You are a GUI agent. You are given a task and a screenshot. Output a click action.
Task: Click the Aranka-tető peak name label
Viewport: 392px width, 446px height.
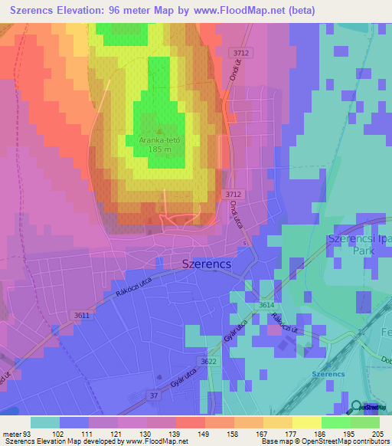tap(159, 141)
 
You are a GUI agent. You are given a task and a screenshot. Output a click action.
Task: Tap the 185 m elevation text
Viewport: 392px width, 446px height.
tap(159, 150)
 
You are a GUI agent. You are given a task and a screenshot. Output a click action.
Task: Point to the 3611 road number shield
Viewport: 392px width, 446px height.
tap(82, 315)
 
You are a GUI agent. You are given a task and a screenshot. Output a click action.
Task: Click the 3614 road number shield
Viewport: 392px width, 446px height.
tap(266, 305)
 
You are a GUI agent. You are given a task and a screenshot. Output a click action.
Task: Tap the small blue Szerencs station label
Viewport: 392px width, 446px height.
tap(328, 373)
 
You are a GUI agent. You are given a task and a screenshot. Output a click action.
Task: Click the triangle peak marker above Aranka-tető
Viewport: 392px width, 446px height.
tap(159, 131)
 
